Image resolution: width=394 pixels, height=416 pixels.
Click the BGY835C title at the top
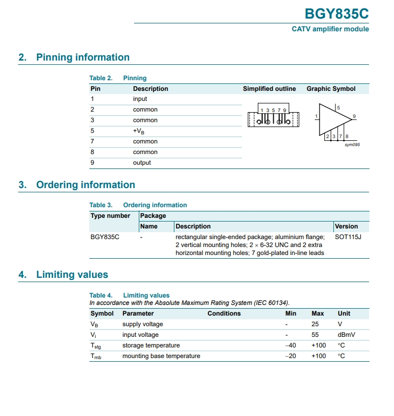click(x=336, y=13)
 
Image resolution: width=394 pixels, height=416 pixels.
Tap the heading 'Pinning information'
click(x=82, y=57)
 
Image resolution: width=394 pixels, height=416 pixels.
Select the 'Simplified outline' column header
click(x=269, y=89)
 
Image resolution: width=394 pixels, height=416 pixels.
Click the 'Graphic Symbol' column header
click(x=331, y=89)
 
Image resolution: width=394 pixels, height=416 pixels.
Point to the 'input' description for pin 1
click(x=140, y=99)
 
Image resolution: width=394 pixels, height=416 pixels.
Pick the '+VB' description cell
click(x=138, y=131)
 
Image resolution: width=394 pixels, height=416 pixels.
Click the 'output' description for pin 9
click(x=142, y=163)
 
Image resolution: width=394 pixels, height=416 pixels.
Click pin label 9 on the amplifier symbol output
click(x=354, y=116)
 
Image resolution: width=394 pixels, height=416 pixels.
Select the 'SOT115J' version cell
click(x=348, y=237)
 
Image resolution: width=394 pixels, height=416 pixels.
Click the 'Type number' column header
click(x=110, y=216)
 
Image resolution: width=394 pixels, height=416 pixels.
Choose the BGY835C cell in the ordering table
click(x=105, y=237)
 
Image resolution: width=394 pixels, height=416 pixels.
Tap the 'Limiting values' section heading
click(x=72, y=275)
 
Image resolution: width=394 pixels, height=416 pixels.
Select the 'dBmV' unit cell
click(x=346, y=335)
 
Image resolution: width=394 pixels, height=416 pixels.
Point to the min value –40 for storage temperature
click(x=291, y=345)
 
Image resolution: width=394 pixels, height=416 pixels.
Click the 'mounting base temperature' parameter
click(x=161, y=356)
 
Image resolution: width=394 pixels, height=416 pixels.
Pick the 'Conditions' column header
click(x=224, y=313)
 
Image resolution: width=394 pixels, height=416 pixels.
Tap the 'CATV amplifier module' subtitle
click(x=330, y=29)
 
